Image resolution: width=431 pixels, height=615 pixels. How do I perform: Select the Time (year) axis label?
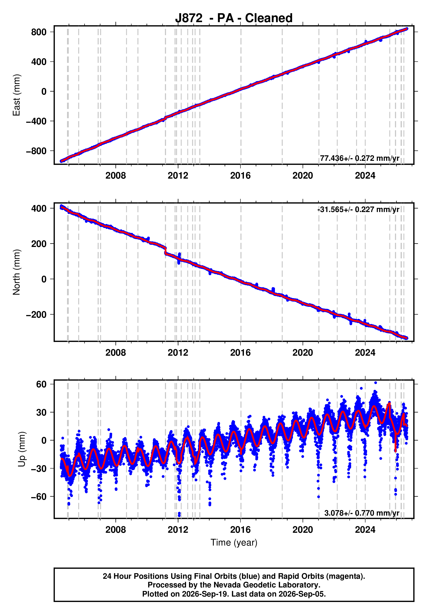pos(234,542)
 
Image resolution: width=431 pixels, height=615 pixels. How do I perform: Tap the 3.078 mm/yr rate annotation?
pos(362,513)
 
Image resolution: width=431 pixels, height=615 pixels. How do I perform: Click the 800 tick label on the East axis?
pos(39,32)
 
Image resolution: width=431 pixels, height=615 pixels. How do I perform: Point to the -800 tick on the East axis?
pos(36,151)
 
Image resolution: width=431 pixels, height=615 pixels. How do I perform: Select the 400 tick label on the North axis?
pos(39,208)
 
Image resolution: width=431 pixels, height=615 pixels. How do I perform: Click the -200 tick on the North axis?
pos(36,314)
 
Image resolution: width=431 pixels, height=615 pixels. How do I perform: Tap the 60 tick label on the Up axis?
pos(41,384)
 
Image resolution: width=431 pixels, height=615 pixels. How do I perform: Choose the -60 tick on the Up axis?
pos(39,497)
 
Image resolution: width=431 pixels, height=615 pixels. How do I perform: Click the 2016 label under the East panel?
pos(240,176)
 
